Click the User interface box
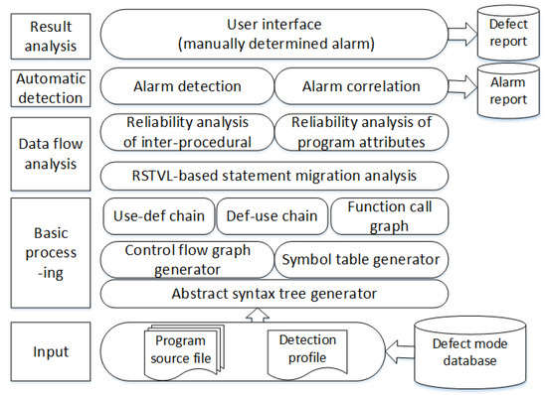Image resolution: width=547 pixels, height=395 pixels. (x=274, y=33)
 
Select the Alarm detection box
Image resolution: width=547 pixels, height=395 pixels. (x=186, y=86)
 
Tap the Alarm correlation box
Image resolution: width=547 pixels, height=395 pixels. (x=360, y=86)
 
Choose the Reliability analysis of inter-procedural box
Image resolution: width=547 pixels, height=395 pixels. (x=186, y=132)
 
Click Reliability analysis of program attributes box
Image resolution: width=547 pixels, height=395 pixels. (x=360, y=132)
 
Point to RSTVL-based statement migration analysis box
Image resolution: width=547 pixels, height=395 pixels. (x=274, y=177)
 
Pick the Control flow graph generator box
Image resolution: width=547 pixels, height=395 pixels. (x=186, y=260)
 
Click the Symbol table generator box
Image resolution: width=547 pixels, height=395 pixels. (x=360, y=260)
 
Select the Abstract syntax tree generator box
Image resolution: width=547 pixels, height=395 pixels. (x=274, y=294)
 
